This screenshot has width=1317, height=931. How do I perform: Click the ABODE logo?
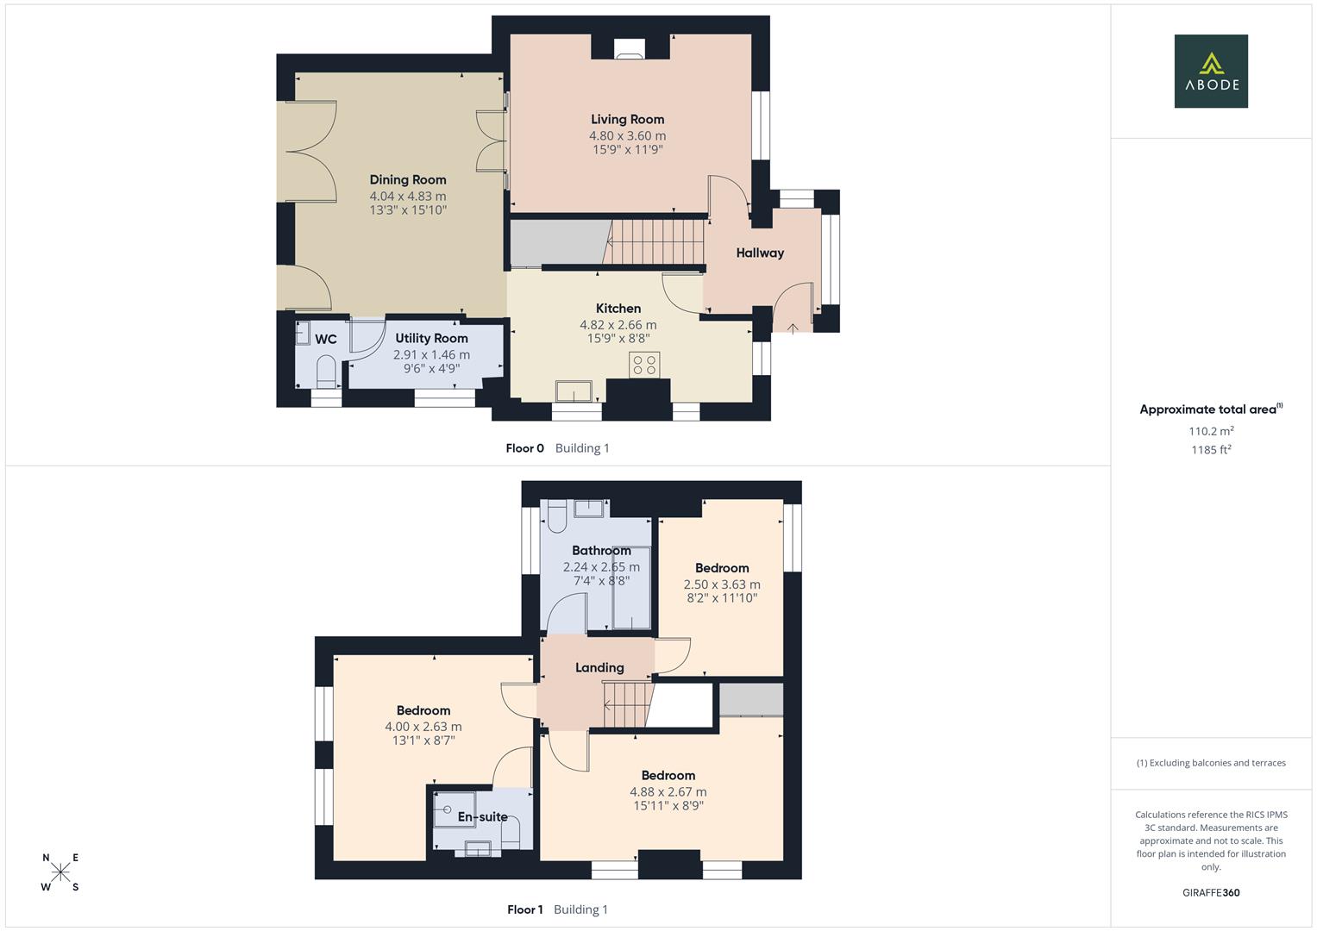tap(1211, 72)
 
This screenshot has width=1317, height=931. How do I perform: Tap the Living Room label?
tap(627, 120)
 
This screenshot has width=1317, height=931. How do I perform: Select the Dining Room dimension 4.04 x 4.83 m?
tap(408, 196)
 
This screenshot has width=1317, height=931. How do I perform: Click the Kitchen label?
tap(618, 309)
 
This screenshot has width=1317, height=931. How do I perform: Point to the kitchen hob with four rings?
tap(644, 365)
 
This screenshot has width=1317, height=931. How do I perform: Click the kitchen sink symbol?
tap(573, 391)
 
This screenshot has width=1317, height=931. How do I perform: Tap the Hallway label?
tap(760, 253)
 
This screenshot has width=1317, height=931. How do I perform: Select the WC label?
tap(326, 340)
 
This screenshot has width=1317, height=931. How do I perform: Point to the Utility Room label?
tap(431, 339)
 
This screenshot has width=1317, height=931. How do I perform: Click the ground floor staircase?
tap(653, 241)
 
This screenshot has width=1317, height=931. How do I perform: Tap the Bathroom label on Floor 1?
tap(601, 551)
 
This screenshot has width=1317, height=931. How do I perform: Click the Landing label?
tap(599, 668)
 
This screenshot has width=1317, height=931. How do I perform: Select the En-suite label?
tap(482, 817)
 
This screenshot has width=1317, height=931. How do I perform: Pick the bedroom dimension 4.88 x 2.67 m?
tap(668, 792)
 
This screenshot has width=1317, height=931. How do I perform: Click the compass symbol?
tap(60, 872)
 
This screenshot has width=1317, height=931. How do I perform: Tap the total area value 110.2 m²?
tap(1211, 431)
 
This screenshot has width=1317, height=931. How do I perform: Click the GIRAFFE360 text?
tap(1211, 893)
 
